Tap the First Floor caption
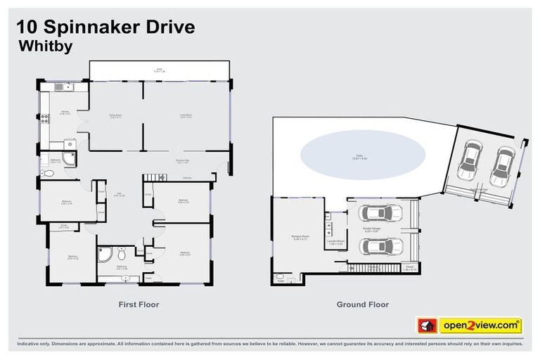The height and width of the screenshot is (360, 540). (x=139, y=304)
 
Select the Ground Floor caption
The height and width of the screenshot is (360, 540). (x=361, y=304)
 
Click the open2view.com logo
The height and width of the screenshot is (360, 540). (x=480, y=326)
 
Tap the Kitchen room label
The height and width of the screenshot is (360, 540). (x=65, y=112)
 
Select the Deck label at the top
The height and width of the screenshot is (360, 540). (x=159, y=70)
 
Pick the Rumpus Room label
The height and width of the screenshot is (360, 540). (x=301, y=237)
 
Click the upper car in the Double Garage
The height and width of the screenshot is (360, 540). (x=380, y=213)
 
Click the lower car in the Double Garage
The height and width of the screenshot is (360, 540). (x=380, y=247)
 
